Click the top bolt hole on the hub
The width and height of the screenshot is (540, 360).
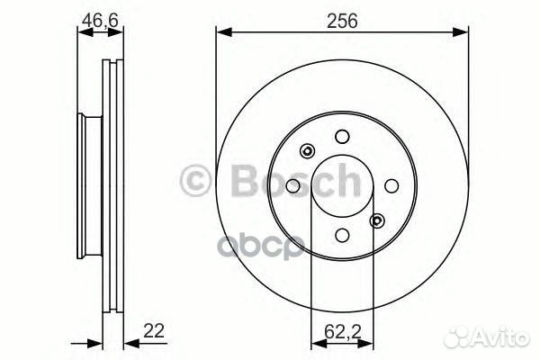(x=341, y=137)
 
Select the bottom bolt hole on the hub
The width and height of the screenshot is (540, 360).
(x=341, y=235)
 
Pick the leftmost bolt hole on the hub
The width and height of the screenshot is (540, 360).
(x=292, y=185)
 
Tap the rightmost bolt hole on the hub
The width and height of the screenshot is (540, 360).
(x=390, y=185)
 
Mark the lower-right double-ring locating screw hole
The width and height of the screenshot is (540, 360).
(x=376, y=220)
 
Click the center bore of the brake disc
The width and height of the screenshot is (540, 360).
(x=341, y=185)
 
